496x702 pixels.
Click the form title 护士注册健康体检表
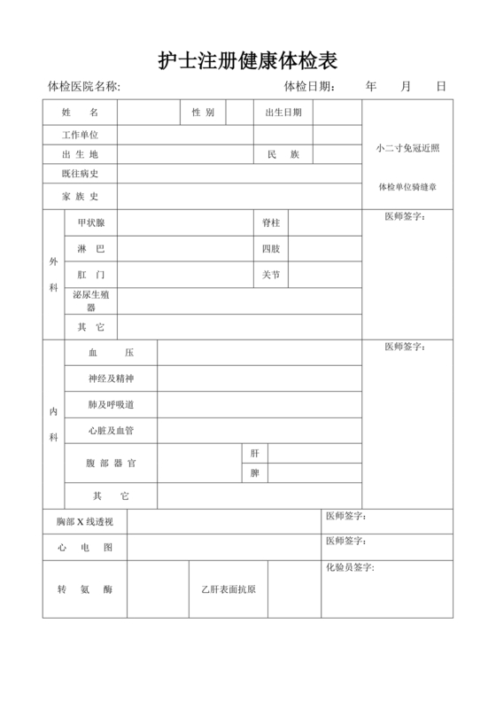pos(248,60)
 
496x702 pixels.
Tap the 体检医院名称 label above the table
pos(83,87)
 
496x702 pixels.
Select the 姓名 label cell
pos(80,113)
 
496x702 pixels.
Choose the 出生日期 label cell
pos(283,113)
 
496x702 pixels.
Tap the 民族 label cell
pos(283,154)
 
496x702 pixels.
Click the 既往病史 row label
pos(80,174)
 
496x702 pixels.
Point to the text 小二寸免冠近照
pos(407,148)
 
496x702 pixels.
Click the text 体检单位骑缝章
pos(407,187)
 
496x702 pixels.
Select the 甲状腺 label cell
pos(91,222)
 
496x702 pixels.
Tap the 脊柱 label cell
pos(271,222)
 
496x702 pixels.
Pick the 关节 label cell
pos(271,275)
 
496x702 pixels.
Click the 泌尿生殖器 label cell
pos(91,300)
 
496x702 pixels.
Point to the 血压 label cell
pos(111,353)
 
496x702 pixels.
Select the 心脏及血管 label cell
pos(111,431)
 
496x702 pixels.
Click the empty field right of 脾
pos(314,473)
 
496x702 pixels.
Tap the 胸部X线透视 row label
pos(85,522)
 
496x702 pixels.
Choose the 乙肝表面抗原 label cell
pos(229,589)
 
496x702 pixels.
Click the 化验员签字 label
pos(350,567)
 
